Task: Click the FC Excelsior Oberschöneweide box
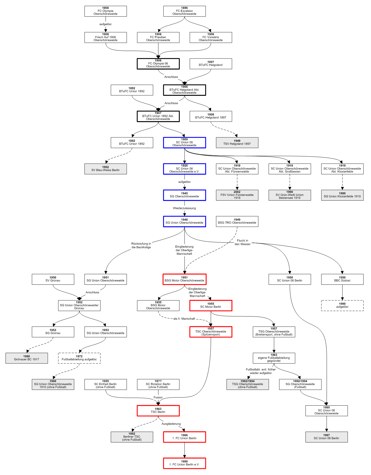pyautogui.click(x=184, y=11)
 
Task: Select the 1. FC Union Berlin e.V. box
pyautogui.click(x=184, y=463)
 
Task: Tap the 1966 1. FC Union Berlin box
pyautogui.click(x=184, y=437)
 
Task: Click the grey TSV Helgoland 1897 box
pyautogui.click(x=237, y=142)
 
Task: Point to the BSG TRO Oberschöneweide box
pyautogui.click(x=237, y=221)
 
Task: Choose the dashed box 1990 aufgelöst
pyautogui.click(x=342, y=306)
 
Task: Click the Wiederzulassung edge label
pyautogui.click(x=184, y=208)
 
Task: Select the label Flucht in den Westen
pyautogui.click(x=243, y=242)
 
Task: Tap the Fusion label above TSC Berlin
pyautogui.click(x=158, y=397)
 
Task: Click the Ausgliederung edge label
pyautogui.click(x=171, y=424)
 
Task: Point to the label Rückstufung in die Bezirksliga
pyautogui.click(x=141, y=246)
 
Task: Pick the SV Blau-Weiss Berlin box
pyautogui.click(x=106, y=169)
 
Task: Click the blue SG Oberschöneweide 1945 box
pyautogui.click(x=184, y=195)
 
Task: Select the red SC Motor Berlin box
pyautogui.click(x=211, y=306)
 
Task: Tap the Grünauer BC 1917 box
pyautogui.click(x=27, y=358)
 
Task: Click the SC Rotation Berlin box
pyautogui.click(x=158, y=384)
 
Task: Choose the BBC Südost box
pyautogui.click(x=342, y=279)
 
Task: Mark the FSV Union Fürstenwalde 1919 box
pyautogui.click(x=237, y=195)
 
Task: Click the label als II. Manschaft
pyautogui.click(x=184, y=319)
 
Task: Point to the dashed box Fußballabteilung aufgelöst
pyautogui.click(x=79, y=358)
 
